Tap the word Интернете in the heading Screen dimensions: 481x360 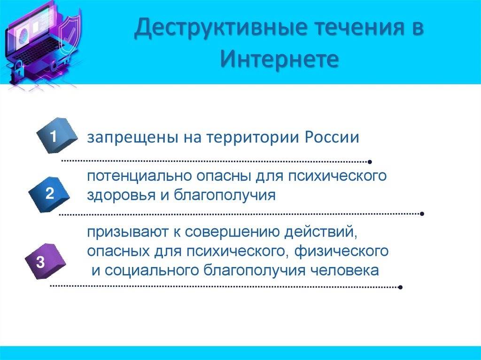coord(279,59)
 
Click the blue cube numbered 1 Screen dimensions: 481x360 coord(57,136)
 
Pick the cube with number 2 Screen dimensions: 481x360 coord(49,194)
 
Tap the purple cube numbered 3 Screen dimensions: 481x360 coord(45,261)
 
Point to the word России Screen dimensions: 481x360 coord(332,137)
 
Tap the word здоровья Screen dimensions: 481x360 coord(121,195)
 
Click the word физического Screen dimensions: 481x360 coord(341,252)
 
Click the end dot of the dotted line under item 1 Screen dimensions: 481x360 coord(370,162)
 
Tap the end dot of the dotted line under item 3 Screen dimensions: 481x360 coord(400,287)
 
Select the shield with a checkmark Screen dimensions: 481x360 coord(70,35)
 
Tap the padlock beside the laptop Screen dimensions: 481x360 coord(18,70)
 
